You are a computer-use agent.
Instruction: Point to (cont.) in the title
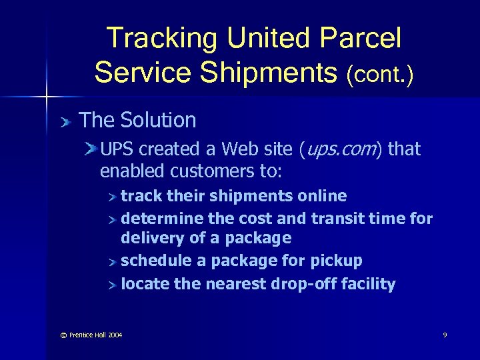tap(379, 73)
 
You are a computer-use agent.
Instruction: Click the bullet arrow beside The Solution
tap(65, 121)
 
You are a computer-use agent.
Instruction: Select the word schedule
tap(153, 261)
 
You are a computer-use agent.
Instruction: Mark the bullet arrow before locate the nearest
tap(113, 285)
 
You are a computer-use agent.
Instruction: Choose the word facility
tap(368, 284)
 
